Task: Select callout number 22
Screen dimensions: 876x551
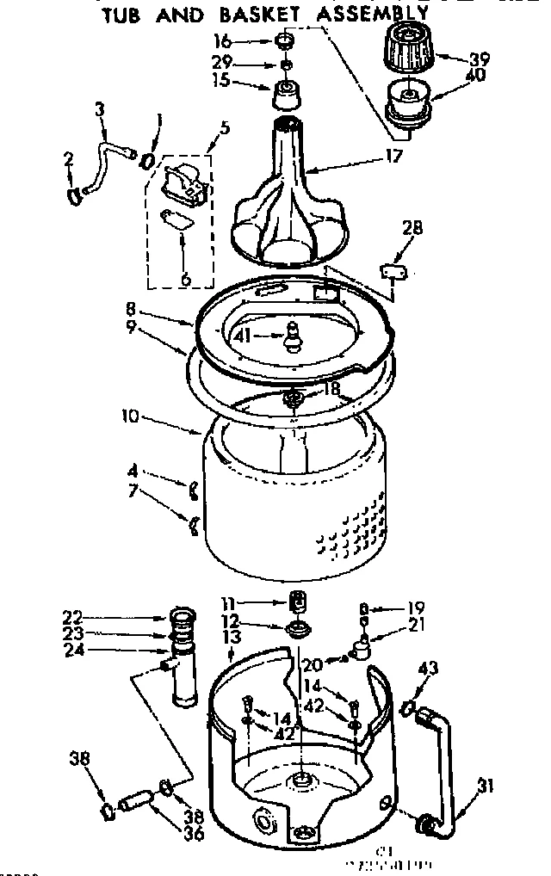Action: (73, 615)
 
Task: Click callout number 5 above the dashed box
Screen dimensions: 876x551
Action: (225, 127)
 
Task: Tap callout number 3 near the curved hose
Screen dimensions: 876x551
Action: (101, 110)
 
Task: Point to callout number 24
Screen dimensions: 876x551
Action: (73, 650)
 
